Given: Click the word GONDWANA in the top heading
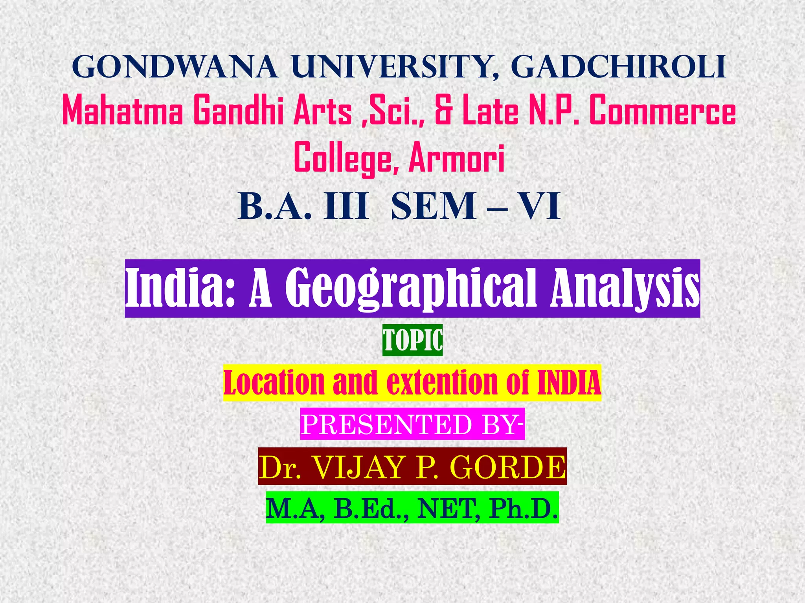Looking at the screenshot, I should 175,68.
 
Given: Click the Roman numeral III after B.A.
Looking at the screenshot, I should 346,206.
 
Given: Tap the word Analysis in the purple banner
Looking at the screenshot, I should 625,289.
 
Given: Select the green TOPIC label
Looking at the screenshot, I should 412,340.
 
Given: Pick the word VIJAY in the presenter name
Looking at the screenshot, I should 359,467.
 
